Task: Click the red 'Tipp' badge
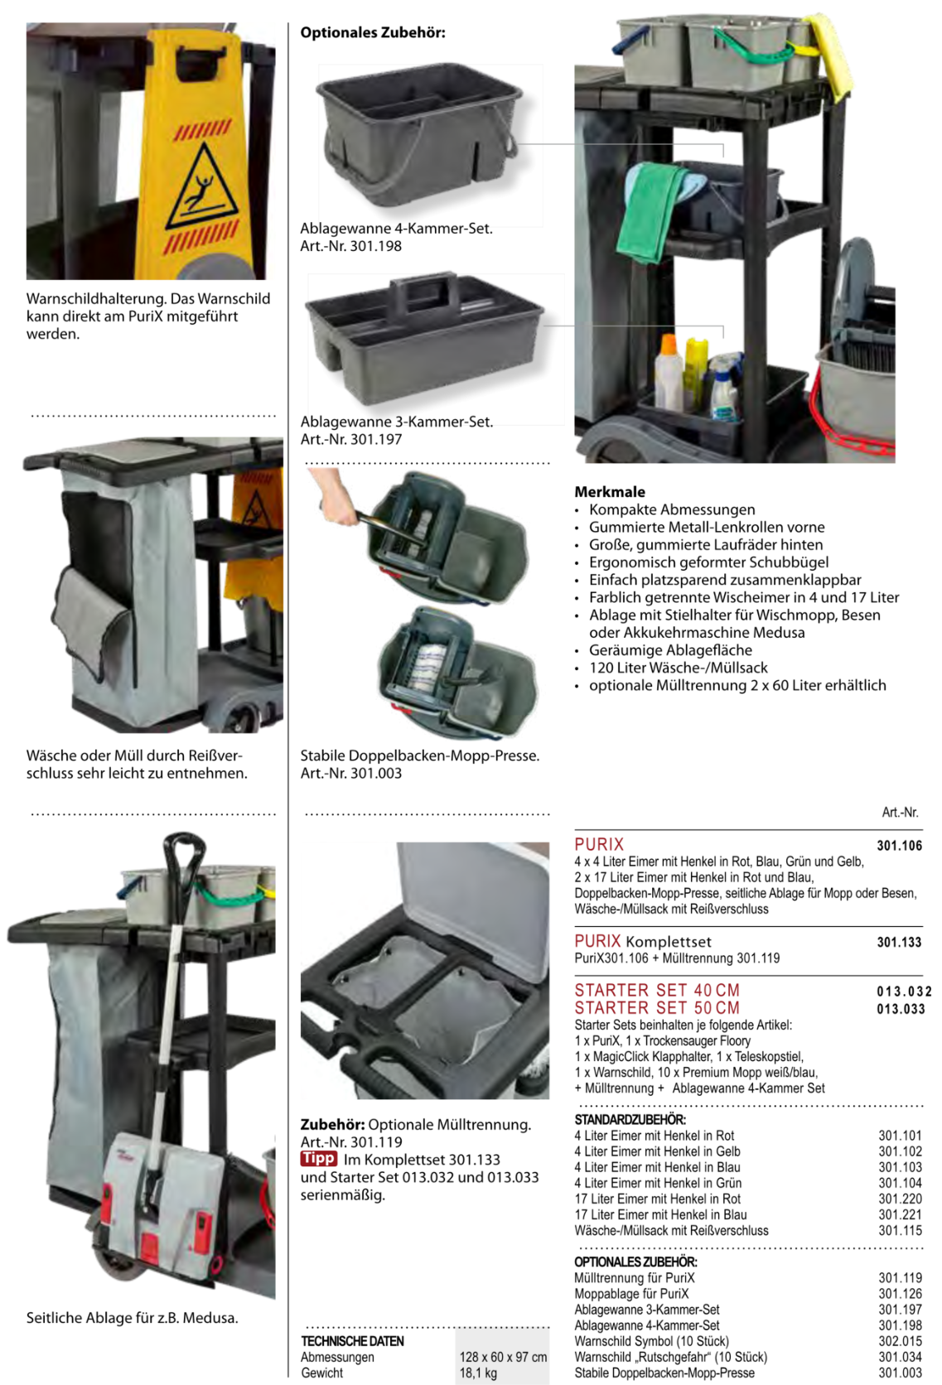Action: pos(318,1158)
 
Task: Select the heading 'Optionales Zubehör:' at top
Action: pos(372,33)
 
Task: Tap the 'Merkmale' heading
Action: pos(609,491)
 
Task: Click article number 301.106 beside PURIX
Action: pos(899,845)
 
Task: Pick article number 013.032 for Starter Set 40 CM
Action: pos(904,992)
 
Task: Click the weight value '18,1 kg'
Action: pos(478,1373)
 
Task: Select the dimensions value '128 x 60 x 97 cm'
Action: pos(503,1357)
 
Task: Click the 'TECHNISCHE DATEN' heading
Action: pos(353,1340)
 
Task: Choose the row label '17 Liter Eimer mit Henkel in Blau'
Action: pos(660,1214)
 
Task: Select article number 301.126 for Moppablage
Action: pos(900,1293)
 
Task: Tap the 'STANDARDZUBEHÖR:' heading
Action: pos(630,1119)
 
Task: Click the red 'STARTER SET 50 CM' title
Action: pos(657,1008)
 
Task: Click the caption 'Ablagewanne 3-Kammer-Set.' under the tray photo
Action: pos(397,422)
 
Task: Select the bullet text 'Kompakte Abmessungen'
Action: pos(672,509)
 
